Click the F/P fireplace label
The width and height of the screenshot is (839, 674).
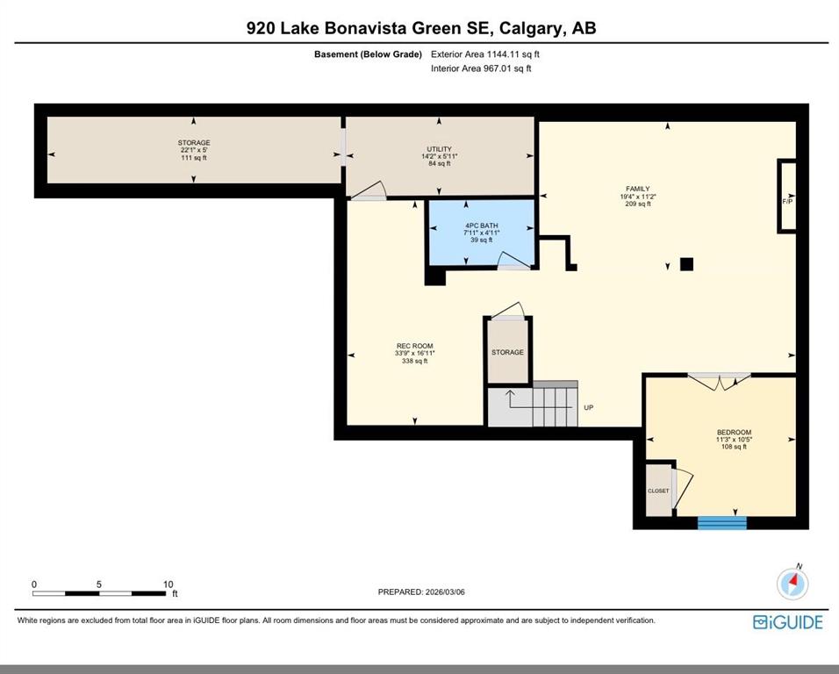(787, 202)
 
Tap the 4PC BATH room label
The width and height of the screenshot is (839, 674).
(482, 226)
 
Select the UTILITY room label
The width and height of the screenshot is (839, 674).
(440, 149)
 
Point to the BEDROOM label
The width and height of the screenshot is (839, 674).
(734, 432)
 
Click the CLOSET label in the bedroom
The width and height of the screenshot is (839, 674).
(658, 491)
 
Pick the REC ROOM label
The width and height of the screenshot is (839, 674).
(415, 346)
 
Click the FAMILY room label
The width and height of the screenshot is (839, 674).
(638, 189)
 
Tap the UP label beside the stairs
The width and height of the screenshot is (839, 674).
(589, 407)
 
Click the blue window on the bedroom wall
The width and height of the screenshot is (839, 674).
(721, 523)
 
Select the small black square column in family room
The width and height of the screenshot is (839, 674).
(686, 264)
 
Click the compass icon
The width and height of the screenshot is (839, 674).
(793, 582)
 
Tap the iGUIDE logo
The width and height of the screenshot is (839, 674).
(787, 622)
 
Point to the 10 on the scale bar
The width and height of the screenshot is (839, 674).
(168, 584)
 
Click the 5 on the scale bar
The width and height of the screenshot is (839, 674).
(99, 584)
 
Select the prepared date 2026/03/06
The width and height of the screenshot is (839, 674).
(445, 592)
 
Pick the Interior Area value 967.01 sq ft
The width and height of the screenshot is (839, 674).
(505, 68)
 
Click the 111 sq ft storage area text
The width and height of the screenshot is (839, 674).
(194, 158)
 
